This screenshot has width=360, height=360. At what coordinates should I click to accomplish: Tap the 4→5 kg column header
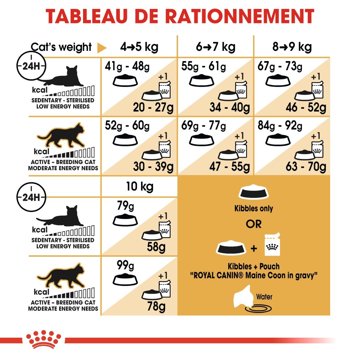(139, 47)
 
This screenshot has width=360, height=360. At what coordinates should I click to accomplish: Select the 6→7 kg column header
(216, 47)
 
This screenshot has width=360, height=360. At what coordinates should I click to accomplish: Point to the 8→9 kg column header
(292, 47)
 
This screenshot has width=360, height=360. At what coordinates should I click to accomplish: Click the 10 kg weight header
(139, 187)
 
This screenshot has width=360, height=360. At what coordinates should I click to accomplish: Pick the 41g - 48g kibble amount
(127, 66)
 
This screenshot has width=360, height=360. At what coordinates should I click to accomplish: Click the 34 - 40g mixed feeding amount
(230, 108)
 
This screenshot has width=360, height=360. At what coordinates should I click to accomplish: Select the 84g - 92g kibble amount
(280, 126)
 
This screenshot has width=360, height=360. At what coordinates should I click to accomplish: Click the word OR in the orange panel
(254, 224)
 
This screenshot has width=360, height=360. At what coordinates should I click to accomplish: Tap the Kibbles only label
(254, 209)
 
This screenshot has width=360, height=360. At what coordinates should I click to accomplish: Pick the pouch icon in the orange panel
(273, 246)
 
